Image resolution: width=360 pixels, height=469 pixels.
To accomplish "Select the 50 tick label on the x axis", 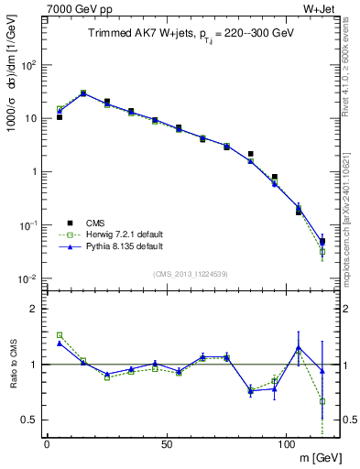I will click(x=166, y=443).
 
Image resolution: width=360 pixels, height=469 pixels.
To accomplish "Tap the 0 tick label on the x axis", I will click(x=47, y=443).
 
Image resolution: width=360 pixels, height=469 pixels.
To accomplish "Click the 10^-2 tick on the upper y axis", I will click(x=28, y=278).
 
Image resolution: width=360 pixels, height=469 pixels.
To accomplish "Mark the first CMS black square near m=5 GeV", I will click(x=60, y=117).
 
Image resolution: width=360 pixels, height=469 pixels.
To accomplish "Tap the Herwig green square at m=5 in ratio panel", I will click(x=60, y=335).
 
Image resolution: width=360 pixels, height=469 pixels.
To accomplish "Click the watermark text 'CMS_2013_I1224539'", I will click(x=190, y=272).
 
